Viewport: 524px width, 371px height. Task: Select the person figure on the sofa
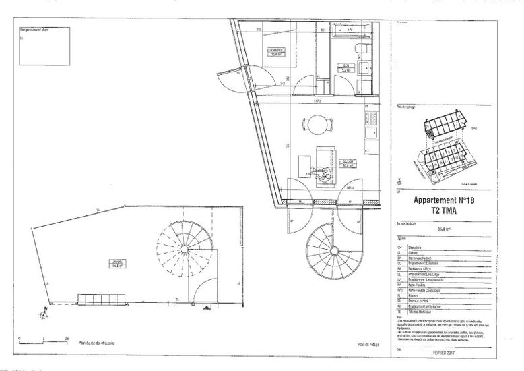[325, 173]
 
